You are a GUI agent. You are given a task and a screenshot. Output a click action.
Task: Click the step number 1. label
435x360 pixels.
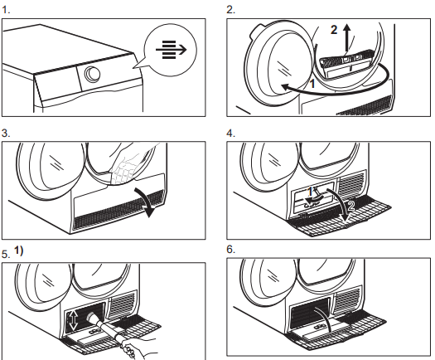[6, 10]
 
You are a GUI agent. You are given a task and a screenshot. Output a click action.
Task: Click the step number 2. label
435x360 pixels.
[230, 10]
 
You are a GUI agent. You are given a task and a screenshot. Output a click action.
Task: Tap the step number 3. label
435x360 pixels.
[6, 133]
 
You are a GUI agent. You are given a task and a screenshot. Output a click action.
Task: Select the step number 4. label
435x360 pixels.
[230, 133]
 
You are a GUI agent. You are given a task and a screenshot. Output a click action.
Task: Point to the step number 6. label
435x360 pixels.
[230, 250]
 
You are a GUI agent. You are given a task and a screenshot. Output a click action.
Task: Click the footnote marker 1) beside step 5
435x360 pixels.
[18, 251]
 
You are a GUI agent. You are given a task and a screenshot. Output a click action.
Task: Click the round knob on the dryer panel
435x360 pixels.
[92, 74]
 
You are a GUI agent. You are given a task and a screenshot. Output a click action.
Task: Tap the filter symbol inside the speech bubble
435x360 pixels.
[172, 50]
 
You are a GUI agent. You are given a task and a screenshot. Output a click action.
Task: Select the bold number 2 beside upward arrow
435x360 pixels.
[334, 30]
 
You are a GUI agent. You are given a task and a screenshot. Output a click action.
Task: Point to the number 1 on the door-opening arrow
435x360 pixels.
[312, 83]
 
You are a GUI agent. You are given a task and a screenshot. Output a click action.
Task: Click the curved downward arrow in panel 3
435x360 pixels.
[146, 201]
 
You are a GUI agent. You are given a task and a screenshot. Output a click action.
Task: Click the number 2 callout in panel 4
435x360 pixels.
[350, 206]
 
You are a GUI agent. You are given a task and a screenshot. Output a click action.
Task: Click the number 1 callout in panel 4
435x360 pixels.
[311, 191]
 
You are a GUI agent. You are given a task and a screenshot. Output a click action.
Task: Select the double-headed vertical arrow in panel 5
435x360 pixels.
[73, 321]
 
